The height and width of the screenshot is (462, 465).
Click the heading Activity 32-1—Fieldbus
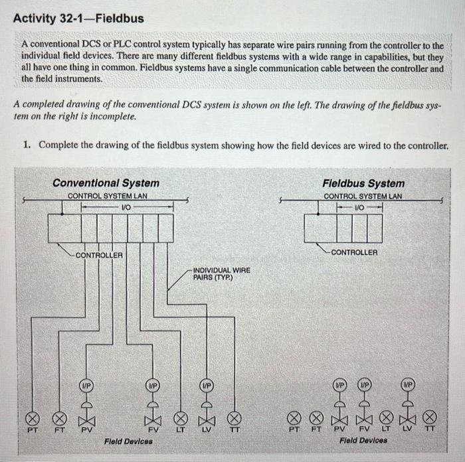tap(78, 19)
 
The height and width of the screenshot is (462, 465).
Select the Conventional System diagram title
tap(106, 183)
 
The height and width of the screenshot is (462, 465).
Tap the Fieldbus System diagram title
tap(363, 183)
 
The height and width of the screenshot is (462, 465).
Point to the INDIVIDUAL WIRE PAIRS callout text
tap(221, 273)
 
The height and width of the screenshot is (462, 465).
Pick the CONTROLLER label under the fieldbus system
tap(354, 252)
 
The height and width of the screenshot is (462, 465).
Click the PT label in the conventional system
tap(31, 430)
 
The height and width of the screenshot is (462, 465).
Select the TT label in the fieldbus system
tap(430, 430)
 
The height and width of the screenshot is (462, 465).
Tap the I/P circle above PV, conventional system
tap(86, 385)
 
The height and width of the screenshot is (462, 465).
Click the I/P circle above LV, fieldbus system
tap(409, 384)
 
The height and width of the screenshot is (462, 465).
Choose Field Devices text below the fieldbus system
tap(365, 440)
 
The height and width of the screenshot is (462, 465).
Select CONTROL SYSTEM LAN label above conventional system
tap(107, 196)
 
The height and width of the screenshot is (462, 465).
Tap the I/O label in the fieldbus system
tap(359, 207)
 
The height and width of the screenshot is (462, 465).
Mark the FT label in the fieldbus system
tap(317, 430)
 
